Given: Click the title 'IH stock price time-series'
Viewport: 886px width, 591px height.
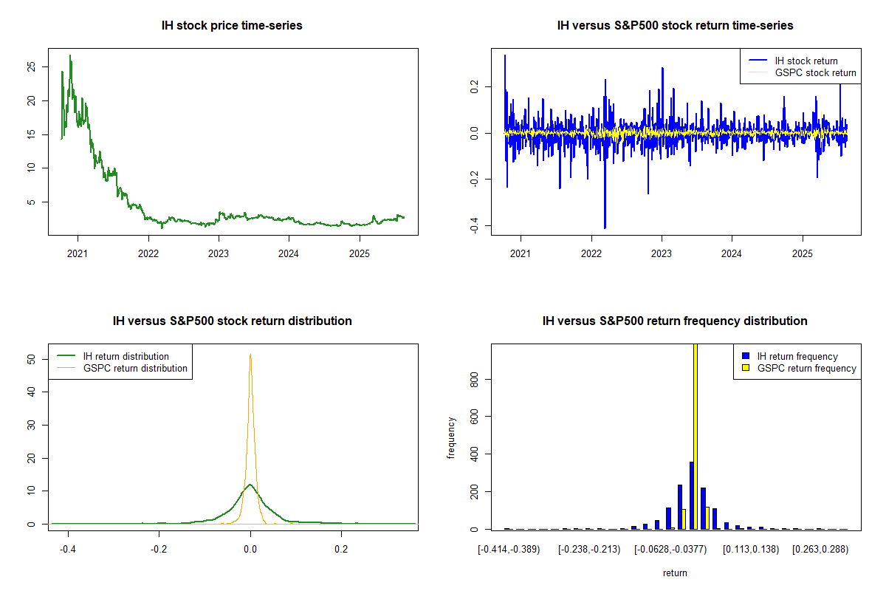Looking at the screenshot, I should (232, 26).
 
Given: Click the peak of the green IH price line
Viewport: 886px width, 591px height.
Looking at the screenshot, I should (70, 55).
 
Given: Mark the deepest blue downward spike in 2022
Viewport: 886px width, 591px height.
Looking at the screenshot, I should (605, 228).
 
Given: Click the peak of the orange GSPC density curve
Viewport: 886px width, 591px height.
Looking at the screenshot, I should (250, 355).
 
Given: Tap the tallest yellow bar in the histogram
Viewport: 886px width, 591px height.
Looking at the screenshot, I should (696, 436).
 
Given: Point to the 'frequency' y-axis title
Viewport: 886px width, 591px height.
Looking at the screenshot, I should (451, 437).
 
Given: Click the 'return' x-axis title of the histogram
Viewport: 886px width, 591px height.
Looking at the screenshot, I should (675, 573).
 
